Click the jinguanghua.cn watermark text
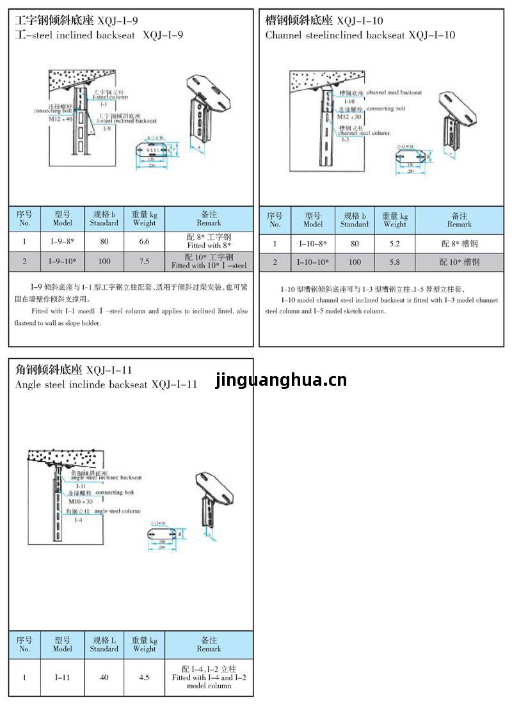pos(281,381)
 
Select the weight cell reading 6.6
pos(144,241)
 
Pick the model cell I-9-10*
pos(63,262)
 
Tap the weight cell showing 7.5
pos(144,262)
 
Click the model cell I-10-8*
pos(313,244)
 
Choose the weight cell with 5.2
pos(395,244)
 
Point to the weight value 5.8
pos(395,262)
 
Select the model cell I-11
pos(63,677)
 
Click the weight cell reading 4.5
pos(144,677)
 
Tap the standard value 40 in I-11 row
pos(104,677)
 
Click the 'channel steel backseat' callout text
pos(394,93)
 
